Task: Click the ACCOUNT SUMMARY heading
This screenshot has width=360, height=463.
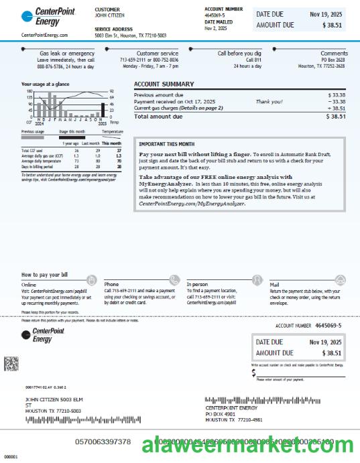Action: pos(164,84)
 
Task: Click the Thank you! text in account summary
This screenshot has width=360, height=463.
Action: pos(269,102)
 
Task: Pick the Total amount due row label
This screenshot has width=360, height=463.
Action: pos(158,117)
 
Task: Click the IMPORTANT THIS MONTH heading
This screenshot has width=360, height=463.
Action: pos(167,144)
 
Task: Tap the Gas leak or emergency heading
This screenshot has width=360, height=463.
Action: pos(67,53)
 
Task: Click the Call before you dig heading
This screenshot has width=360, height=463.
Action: pos(239,53)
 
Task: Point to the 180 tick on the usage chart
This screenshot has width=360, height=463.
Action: pos(29,91)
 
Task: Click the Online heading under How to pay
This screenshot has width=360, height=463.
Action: pos(29,285)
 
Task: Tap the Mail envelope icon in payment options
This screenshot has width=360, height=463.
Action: pos(340,279)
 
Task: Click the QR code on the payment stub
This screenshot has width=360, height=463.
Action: pos(11,364)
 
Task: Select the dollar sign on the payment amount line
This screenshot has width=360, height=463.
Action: pos(254,373)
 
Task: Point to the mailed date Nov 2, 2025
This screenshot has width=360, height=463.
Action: pos(216,29)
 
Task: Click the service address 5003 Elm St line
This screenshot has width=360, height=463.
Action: pos(130,35)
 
